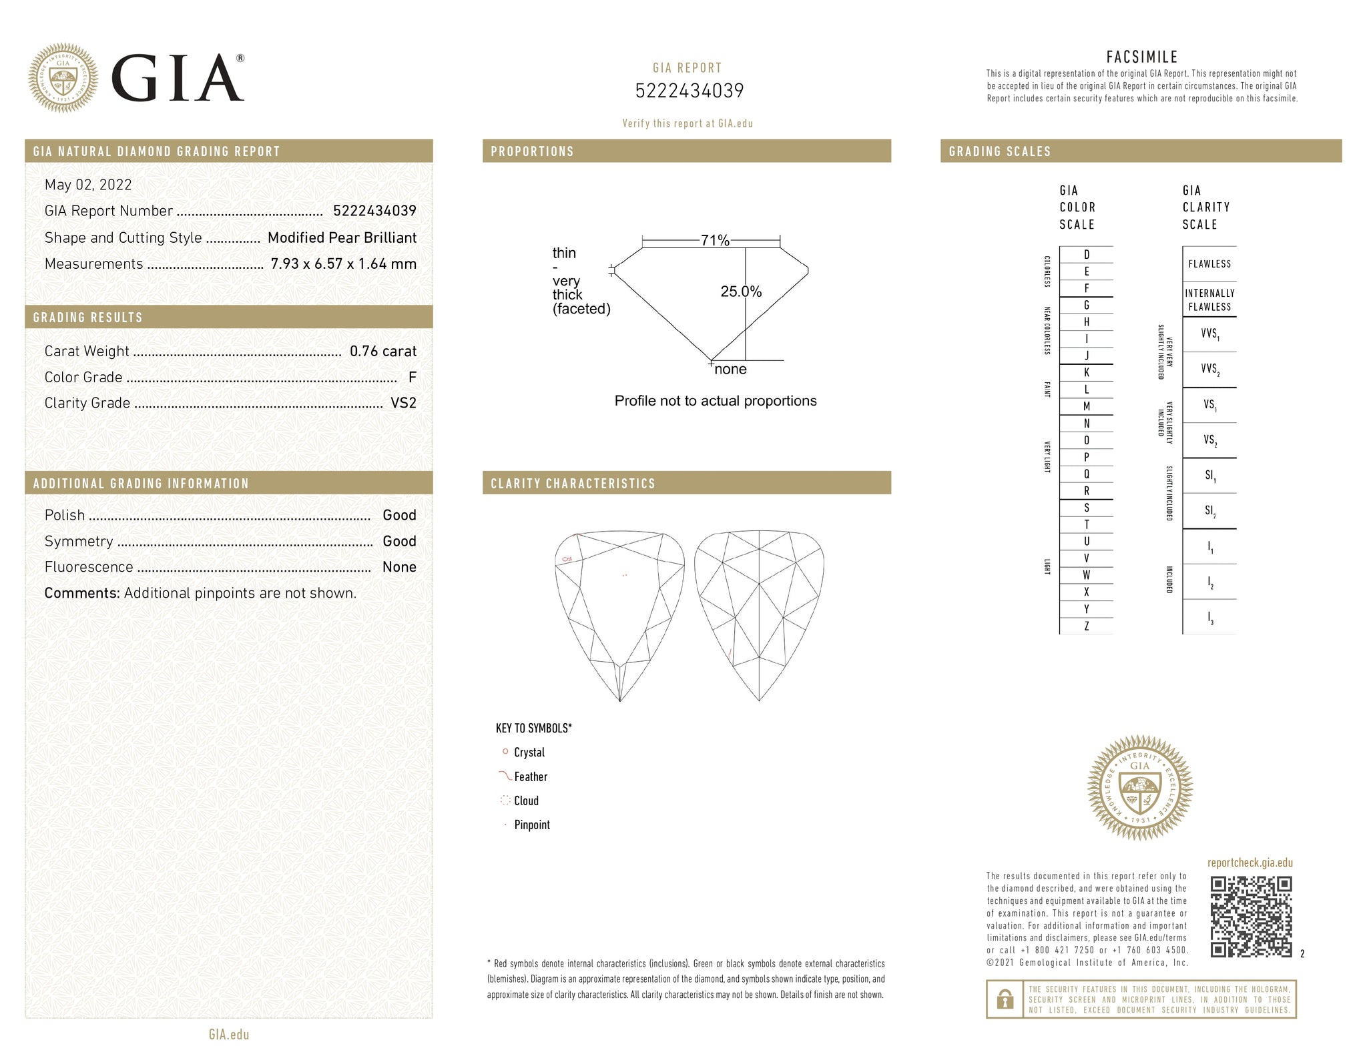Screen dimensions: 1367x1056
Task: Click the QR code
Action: click(1251, 917)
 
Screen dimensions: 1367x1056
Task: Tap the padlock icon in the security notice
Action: click(1005, 999)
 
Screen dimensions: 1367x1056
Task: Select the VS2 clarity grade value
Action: click(403, 403)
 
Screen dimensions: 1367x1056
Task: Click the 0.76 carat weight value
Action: click(383, 351)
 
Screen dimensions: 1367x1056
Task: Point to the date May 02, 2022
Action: click(88, 185)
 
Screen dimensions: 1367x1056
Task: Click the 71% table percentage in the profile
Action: click(715, 240)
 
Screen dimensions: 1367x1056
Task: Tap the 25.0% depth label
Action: click(741, 292)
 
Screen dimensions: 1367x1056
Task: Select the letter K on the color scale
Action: click(1087, 373)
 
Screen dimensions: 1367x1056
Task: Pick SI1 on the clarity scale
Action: click(1209, 476)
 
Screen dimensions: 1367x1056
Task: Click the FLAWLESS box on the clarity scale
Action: click(1209, 264)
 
